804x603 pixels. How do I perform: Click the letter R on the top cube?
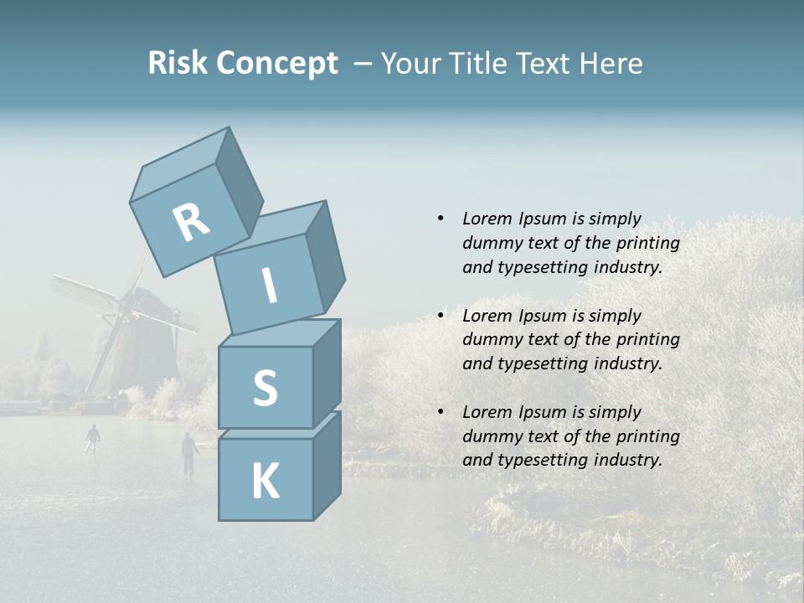[x=191, y=223]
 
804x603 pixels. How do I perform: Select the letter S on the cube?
[x=265, y=389]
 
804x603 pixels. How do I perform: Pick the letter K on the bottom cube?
[x=265, y=481]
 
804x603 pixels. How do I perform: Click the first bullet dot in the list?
[x=441, y=219]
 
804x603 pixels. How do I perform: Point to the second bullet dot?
[x=441, y=316]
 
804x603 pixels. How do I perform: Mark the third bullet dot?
[x=441, y=412]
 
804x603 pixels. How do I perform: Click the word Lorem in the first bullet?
[x=486, y=219]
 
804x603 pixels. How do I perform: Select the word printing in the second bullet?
[x=648, y=340]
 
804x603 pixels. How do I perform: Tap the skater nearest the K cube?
[x=189, y=453]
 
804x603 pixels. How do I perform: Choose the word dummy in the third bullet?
[x=492, y=436]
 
